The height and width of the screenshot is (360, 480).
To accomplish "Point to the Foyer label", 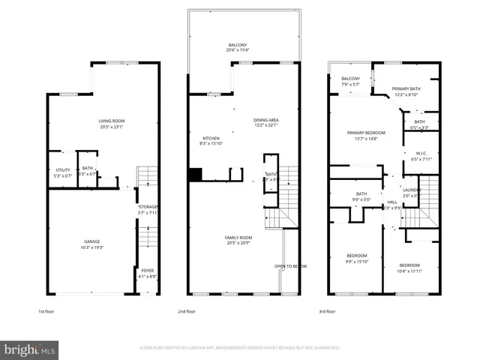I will pos(148,273).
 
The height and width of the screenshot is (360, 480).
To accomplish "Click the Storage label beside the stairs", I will pos(148,208).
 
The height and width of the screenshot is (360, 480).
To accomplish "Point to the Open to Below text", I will pos(290,266).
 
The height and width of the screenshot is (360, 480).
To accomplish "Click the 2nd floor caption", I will pos(187,310).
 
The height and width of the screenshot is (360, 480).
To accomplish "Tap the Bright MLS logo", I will pos(30,349).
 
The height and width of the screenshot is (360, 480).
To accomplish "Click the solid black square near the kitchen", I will pos(195,175).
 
